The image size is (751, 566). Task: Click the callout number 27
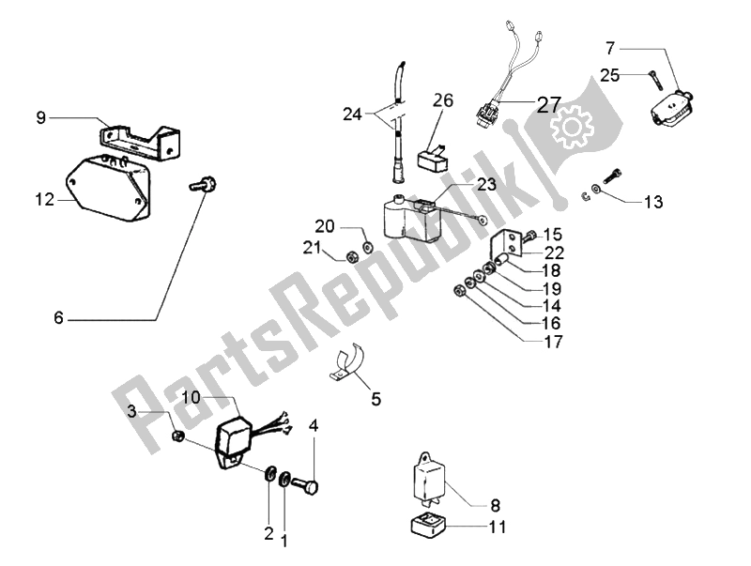(x=549, y=104)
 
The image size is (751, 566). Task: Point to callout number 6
(x=58, y=319)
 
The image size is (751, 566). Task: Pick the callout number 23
(x=485, y=185)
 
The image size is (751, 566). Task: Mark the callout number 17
(x=554, y=344)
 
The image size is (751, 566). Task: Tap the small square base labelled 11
(x=428, y=528)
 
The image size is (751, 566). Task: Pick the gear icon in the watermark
(x=569, y=128)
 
